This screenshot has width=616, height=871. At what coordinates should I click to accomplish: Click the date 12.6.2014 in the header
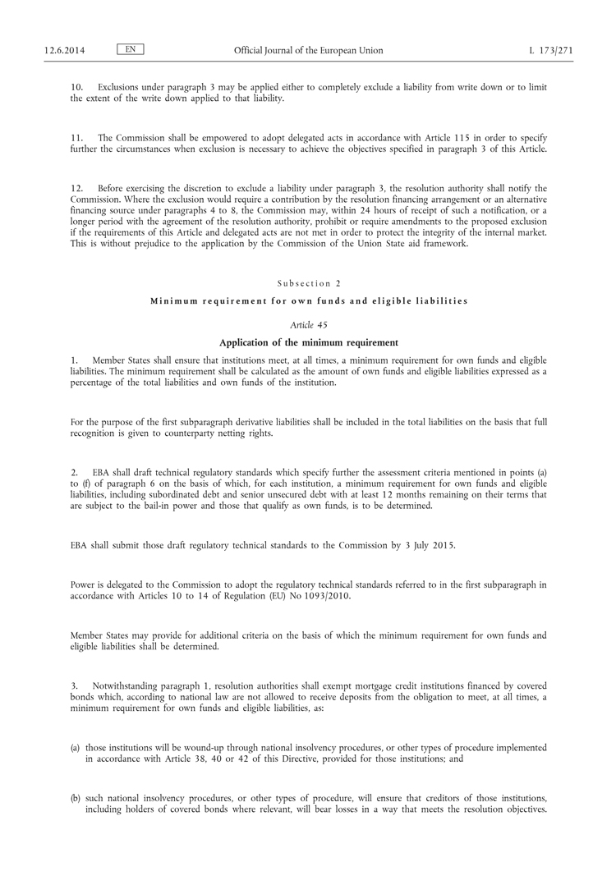(x=65, y=51)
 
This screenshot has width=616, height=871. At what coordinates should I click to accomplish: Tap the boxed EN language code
(x=130, y=50)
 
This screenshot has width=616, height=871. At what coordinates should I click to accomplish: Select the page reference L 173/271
(x=551, y=51)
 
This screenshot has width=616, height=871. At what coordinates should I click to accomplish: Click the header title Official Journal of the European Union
(x=308, y=51)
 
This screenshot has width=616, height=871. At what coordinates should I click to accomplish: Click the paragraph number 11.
(x=77, y=138)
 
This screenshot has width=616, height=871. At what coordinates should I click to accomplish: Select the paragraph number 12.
(x=77, y=189)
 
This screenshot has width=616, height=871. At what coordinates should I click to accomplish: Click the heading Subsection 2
(x=308, y=283)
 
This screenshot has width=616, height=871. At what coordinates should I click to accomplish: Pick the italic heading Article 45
(x=308, y=325)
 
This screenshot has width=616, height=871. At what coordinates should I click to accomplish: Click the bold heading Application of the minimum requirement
(x=308, y=342)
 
